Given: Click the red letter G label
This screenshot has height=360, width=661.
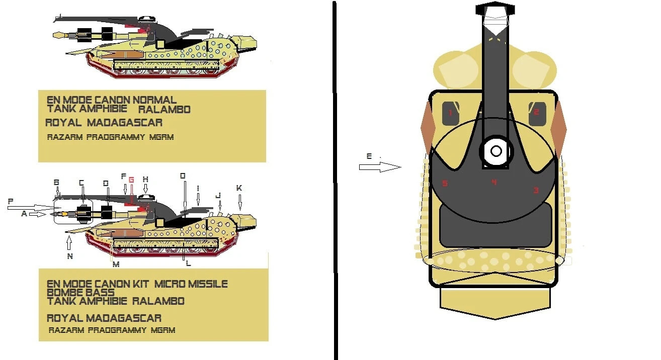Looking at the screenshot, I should click(x=131, y=179).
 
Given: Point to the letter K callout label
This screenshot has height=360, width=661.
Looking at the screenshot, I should click(x=239, y=188).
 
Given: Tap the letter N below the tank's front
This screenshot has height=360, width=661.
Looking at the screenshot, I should click(x=69, y=256).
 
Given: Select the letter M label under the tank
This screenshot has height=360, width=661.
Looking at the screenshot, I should click(x=116, y=264).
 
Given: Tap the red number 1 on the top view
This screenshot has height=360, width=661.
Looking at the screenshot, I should click(x=450, y=113).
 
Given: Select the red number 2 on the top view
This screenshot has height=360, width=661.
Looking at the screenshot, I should click(x=536, y=112).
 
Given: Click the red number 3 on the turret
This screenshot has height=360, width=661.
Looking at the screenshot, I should click(x=536, y=190).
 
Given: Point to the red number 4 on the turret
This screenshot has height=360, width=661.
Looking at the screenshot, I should click(x=493, y=182).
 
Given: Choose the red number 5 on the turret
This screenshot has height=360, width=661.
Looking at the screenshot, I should click(x=444, y=184).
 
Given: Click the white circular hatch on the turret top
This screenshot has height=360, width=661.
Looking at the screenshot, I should click(x=496, y=151).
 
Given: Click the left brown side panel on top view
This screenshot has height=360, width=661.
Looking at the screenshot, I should click(x=427, y=127).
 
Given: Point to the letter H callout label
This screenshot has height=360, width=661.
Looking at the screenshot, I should click(x=145, y=179).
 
